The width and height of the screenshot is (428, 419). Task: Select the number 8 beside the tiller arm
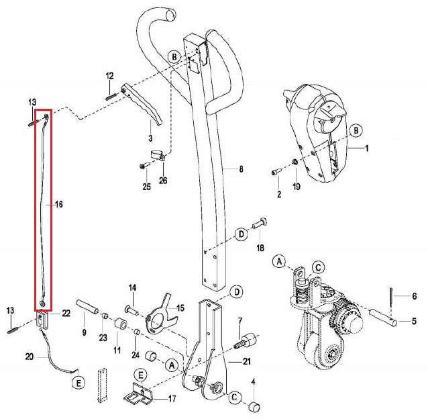pyautogui.click(x=241, y=170)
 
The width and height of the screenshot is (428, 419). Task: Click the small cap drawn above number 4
pyautogui.click(x=254, y=405)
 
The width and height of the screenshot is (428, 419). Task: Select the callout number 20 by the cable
pyautogui.click(x=29, y=356)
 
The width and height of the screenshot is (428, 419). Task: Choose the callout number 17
pyautogui.click(x=172, y=399)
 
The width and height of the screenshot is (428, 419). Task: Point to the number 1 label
pyautogui.click(x=367, y=146)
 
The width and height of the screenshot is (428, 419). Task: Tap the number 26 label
pyautogui.click(x=163, y=180)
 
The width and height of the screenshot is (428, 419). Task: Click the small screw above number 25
pyautogui.click(x=144, y=165)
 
